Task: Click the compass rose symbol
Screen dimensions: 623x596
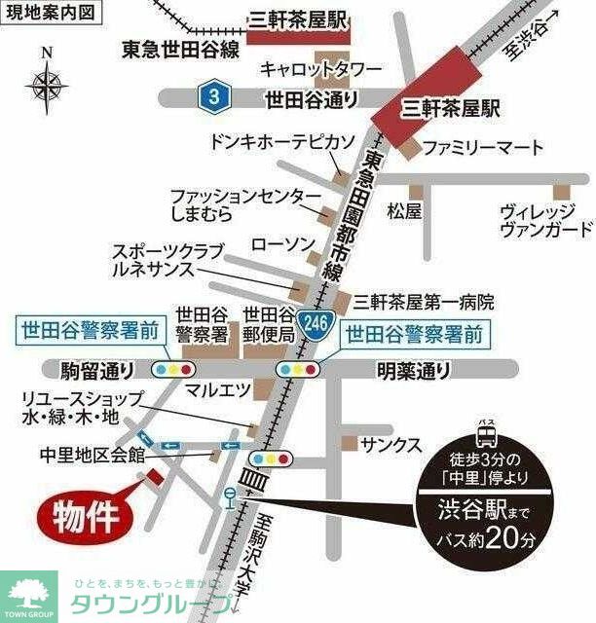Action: (46, 86)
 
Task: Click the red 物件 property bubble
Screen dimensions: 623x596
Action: (86, 515)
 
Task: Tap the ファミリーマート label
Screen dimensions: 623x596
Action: (483, 147)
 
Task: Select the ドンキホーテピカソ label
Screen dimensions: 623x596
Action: (281, 141)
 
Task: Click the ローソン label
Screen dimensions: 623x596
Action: (281, 242)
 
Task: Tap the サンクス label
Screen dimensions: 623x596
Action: (391, 445)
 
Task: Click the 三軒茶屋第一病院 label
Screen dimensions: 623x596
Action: (425, 301)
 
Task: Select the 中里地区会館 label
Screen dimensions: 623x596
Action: (92, 454)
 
